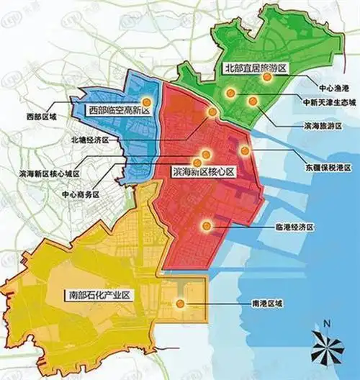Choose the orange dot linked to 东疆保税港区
click(x=245, y=150)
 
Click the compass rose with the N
click(x=328, y=348)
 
